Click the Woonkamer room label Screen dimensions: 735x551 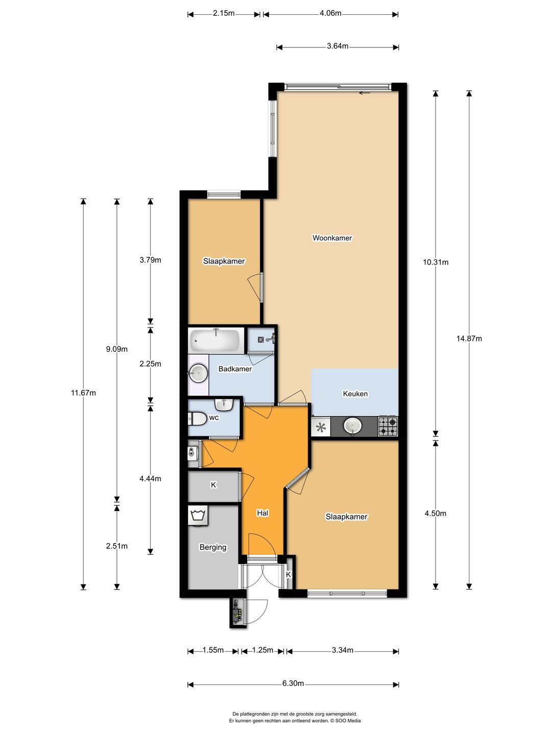coord(332,238)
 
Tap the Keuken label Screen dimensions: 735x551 coord(355,394)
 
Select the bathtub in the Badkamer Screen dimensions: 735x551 coord(216,341)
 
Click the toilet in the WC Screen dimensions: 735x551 coord(197,419)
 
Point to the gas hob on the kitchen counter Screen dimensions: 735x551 coord(388,427)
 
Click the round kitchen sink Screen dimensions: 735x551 coord(353,426)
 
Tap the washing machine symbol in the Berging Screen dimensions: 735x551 coord(198,515)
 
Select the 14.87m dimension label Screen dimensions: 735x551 coord(469,338)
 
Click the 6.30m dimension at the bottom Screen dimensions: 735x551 coord(293,683)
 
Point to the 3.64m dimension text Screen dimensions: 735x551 coord(337,46)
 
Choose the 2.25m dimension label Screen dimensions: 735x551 coord(151,363)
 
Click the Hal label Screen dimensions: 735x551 coord(262,513)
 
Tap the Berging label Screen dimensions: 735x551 coord(213,547)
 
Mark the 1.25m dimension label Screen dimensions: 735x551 coord(262,650)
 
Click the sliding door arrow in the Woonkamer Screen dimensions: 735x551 coord(364,93)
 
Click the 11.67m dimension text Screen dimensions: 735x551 coord(83,393)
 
